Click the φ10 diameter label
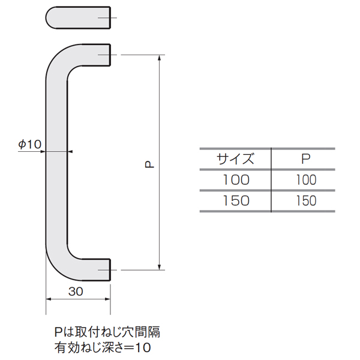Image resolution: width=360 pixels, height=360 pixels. pyautogui.click(x=30, y=145)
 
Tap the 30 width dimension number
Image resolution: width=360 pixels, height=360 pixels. pyautogui.click(x=76, y=292)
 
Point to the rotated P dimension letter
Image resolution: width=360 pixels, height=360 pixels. pyautogui.click(x=149, y=164)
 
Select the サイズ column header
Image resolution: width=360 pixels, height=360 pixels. pyautogui.click(x=235, y=159)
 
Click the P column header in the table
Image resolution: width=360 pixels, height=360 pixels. pyautogui.click(x=306, y=158)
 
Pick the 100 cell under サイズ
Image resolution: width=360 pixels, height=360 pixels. pyautogui.click(x=236, y=180)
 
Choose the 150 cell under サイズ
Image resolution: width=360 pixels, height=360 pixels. pyautogui.click(x=236, y=200)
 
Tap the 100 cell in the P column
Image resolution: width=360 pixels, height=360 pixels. pyautogui.click(x=306, y=180)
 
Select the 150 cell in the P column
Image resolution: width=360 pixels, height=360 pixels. pyautogui.click(x=306, y=200)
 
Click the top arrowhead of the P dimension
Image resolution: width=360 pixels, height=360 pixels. pyautogui.click(x=160, y=58)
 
